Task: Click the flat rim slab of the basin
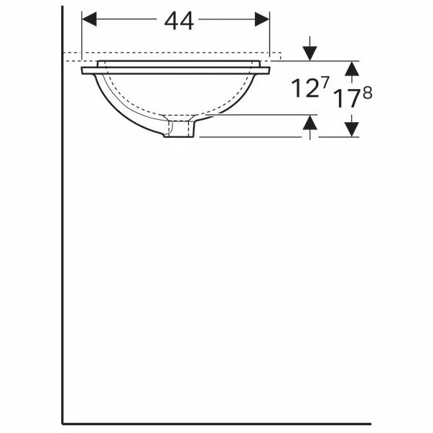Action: point(176,70)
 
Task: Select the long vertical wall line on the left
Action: point(62,251)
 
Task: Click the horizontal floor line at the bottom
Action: point(215,423)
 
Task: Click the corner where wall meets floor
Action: point(63,423)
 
